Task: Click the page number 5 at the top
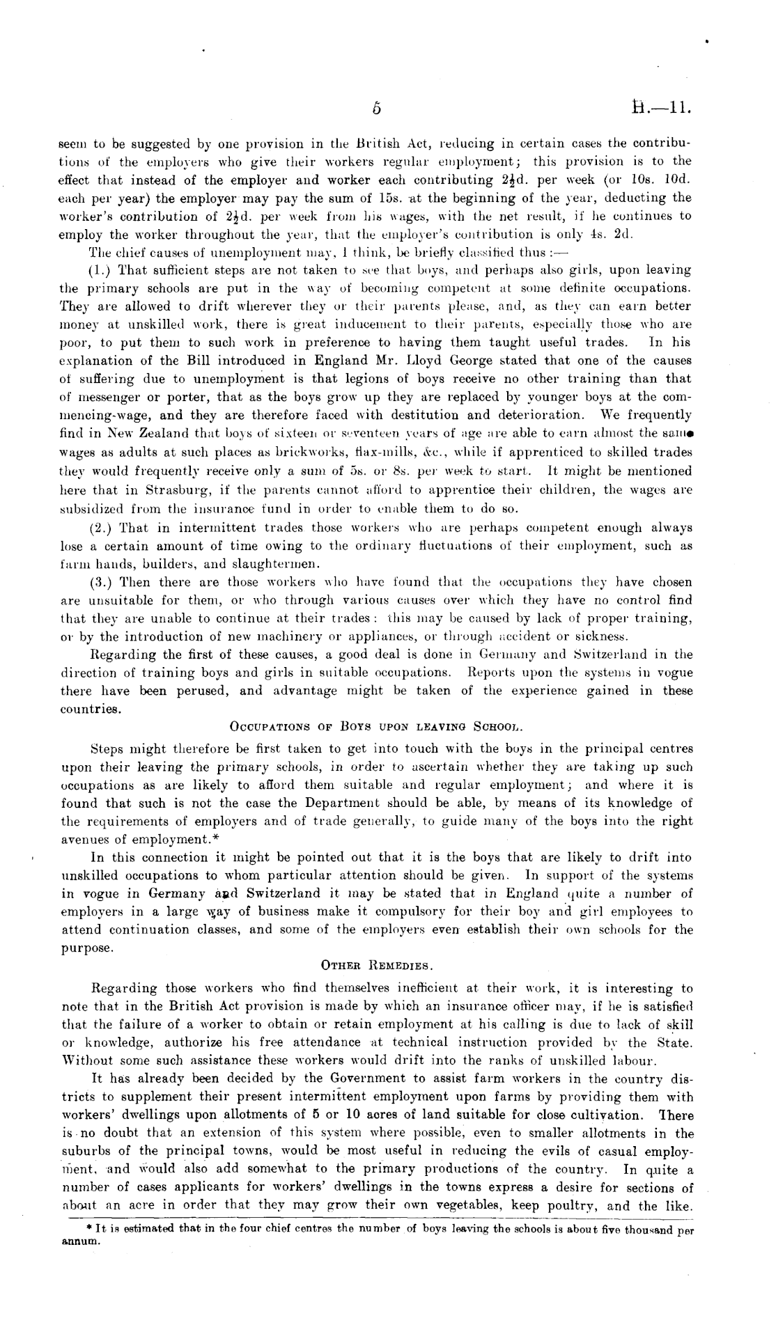coord(376,108)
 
